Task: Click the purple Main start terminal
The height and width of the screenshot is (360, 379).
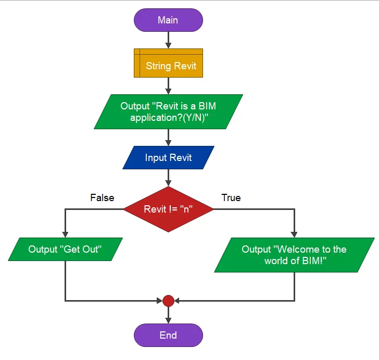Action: (x=168, y=20)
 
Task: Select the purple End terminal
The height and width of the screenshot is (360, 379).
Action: (x=168, y=335)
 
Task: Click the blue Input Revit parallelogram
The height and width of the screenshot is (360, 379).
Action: (x=168, y=158)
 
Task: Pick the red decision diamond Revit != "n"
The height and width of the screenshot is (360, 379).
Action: (x=168, y=209)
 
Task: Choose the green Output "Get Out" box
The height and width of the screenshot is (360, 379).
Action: (x=65, y=250)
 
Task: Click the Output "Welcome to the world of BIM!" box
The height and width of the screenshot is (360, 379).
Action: (x=294, y=255)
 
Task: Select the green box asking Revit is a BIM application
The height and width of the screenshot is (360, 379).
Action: (x=168, y=111)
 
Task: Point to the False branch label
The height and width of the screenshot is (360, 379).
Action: (x=102, y=198)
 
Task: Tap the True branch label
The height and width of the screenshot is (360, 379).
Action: (x=231, y=198)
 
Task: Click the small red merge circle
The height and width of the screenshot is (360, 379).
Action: (x=168, y=301)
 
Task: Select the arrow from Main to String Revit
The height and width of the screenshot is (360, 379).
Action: (x=168, y=40)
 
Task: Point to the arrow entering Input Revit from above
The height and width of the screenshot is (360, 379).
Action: (x=168, y=138)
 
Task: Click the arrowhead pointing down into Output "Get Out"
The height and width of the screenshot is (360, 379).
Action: (x=65, y=234)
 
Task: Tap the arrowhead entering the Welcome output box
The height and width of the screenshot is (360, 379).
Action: (x=294, y=234)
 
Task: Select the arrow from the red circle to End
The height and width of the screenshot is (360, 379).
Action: (x=168, y=315)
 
